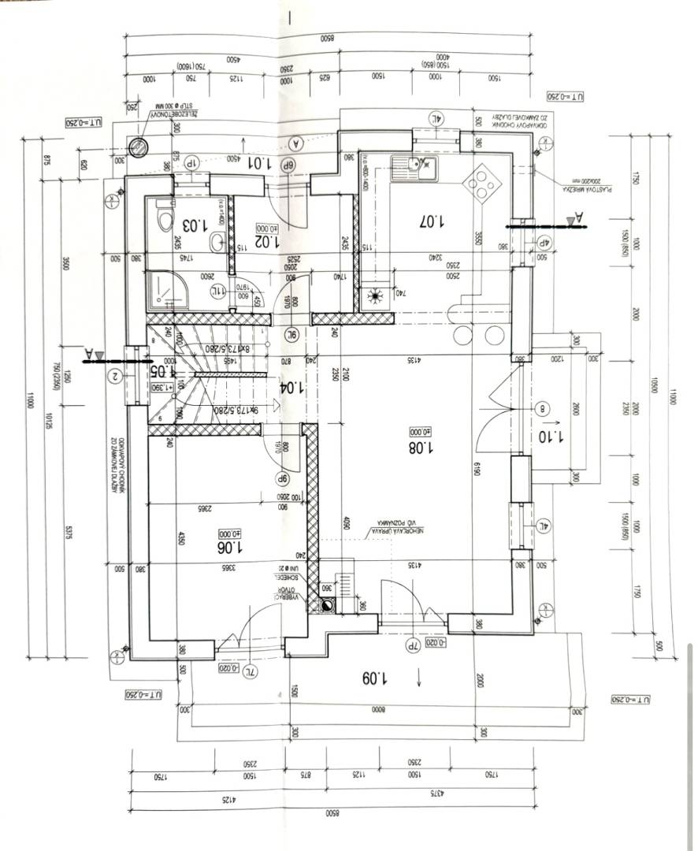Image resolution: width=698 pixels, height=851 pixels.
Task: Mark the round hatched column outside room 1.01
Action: point(139,146)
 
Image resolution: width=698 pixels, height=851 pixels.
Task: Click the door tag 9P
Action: point(281,478)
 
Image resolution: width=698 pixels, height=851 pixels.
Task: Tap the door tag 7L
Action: point(250,671)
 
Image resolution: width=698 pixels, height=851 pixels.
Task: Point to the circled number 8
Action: point(543,408)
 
